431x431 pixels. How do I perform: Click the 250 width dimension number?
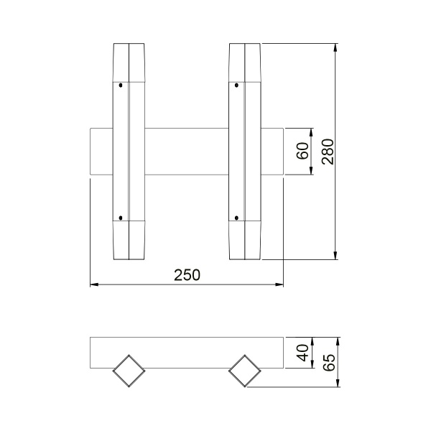186,274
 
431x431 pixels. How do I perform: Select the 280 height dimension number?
328,152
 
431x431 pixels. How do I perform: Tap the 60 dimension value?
302,152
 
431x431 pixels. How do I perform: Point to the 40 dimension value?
302,352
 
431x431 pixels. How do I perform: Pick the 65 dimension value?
328,361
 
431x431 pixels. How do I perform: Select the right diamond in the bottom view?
244,371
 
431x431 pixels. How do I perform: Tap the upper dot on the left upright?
121,85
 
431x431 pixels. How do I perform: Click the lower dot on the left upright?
121,217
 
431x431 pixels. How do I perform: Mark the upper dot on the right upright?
236,85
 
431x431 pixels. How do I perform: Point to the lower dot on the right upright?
236,217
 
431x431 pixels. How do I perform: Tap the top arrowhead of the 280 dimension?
335,48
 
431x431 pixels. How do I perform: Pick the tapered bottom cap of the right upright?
244,241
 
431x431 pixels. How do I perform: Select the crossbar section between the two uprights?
186,152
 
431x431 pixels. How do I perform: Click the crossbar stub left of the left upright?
101,152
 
